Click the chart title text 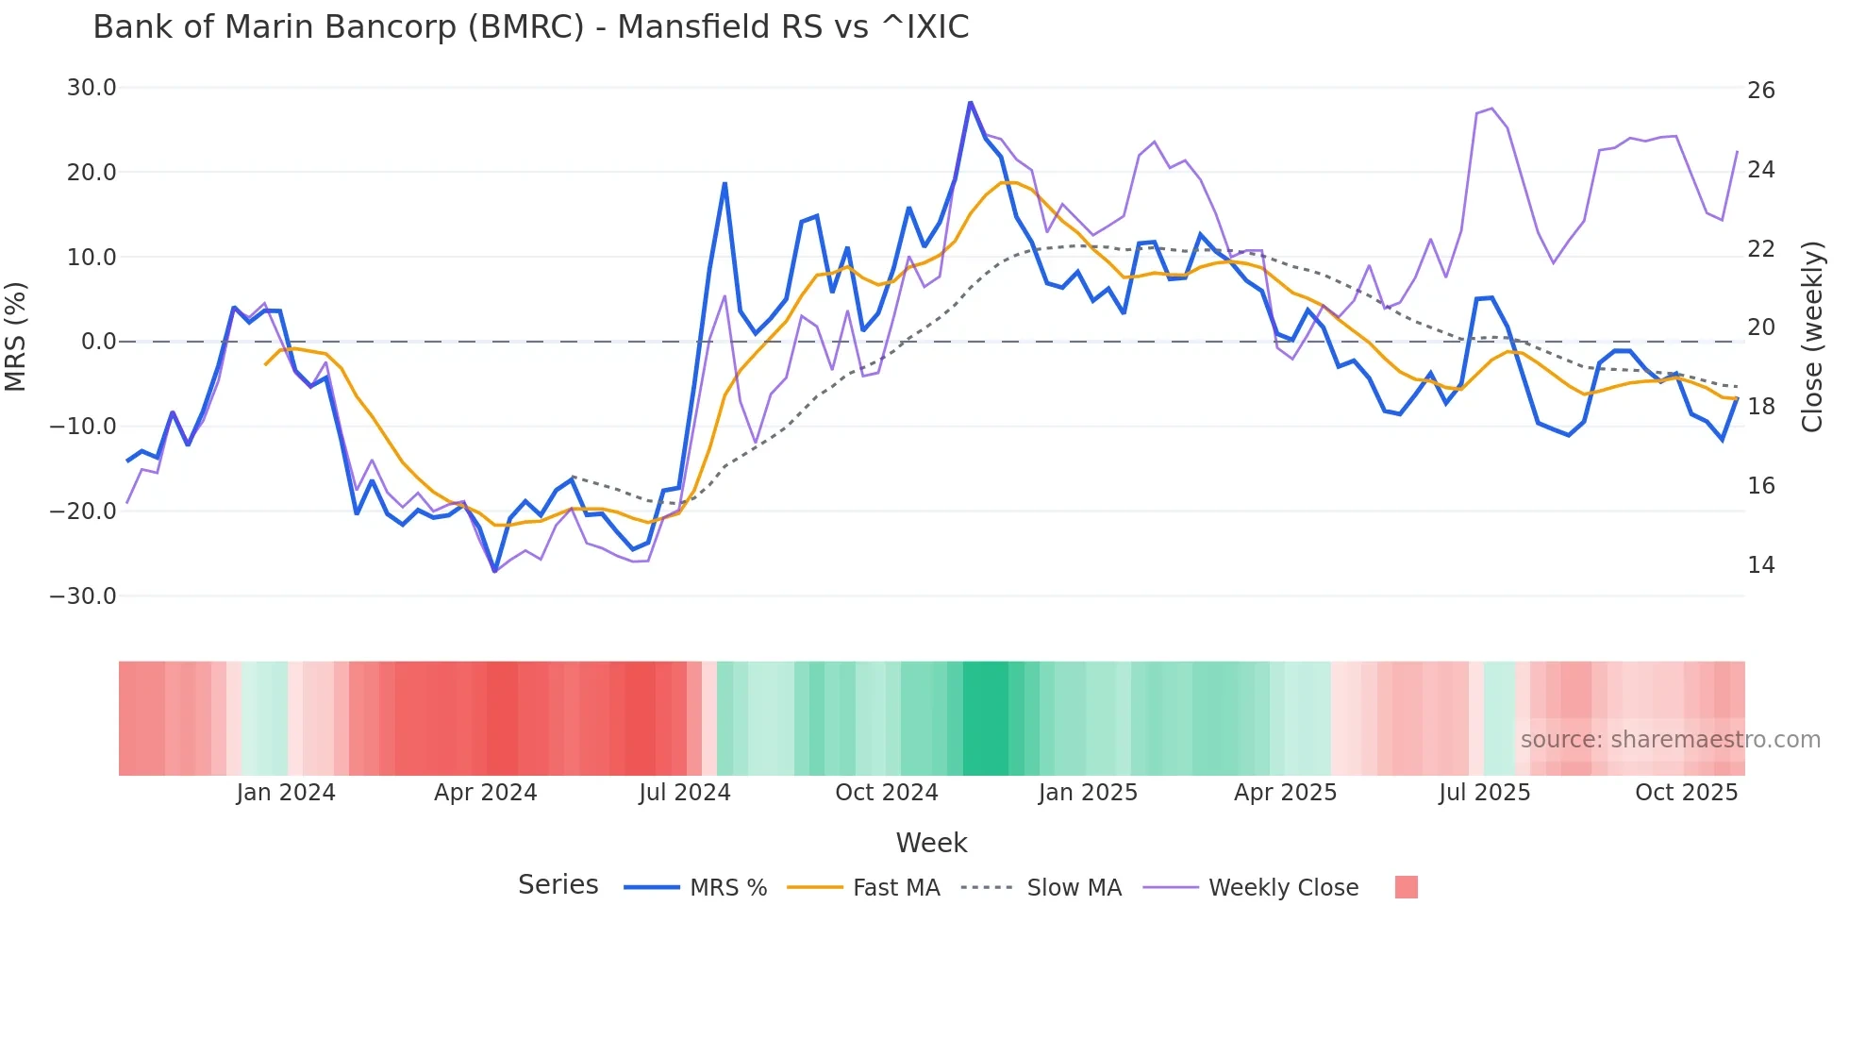click(530, 27)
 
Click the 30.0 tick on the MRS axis click(92, 88)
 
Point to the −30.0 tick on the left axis click(83, 596)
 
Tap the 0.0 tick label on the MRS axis click(99, 342)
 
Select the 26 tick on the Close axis click(1760, 91)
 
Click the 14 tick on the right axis click(1760, 565)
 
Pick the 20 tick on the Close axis click(1760, 327)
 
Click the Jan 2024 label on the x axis click(286, 793)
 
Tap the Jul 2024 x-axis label click(685, 793)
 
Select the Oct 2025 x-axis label click(1686, 793)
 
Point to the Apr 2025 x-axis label click(1285, 793)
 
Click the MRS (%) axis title click(16, 337)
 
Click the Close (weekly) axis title click(1811, 337)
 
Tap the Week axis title click(931, 843)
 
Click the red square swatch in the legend click(1406, 887)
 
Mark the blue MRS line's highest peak click(970, 102)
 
